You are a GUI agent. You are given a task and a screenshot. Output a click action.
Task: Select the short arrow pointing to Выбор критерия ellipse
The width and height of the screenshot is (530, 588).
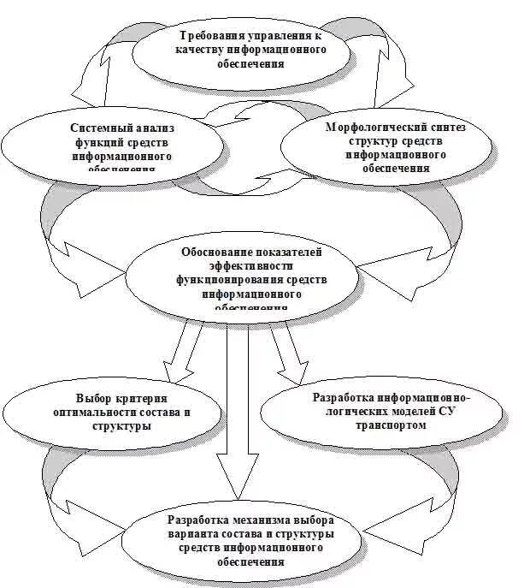[184, 351]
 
